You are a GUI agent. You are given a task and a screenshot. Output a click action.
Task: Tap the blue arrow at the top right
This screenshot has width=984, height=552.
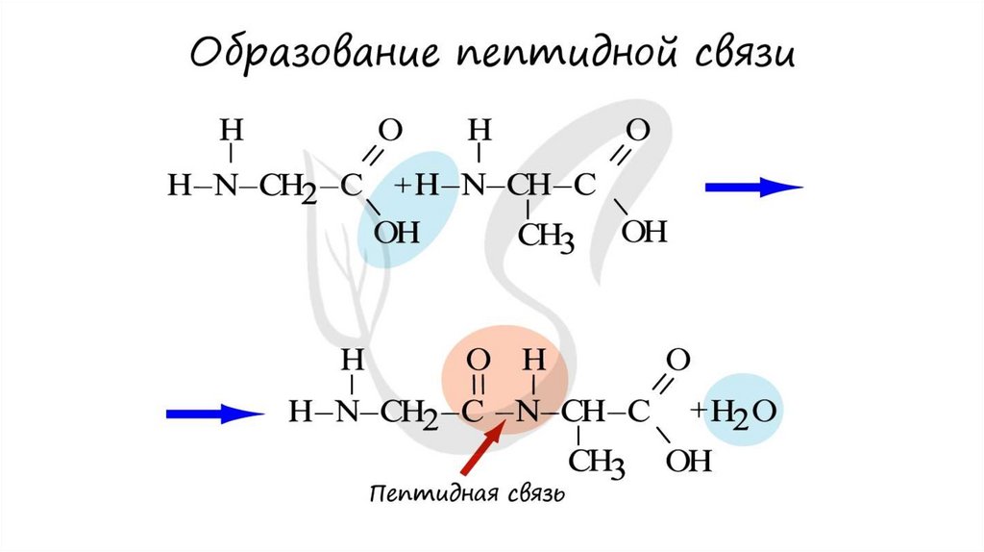(753, 188)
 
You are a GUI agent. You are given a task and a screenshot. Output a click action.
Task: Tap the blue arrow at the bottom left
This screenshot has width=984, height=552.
(214, 414)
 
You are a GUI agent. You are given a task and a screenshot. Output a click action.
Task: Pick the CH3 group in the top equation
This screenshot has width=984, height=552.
(546, 235)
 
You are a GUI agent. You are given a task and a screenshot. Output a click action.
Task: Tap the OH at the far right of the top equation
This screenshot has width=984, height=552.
(643, 232)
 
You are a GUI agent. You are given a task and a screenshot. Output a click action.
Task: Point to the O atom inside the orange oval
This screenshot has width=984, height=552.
(478, 362)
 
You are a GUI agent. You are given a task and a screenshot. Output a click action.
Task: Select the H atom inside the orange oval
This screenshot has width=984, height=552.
(533, 362)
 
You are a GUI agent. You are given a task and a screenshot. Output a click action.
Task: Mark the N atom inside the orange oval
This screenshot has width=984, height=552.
(527, 414)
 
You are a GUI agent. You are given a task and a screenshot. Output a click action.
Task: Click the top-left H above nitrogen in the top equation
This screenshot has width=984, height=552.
(228, 130)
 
